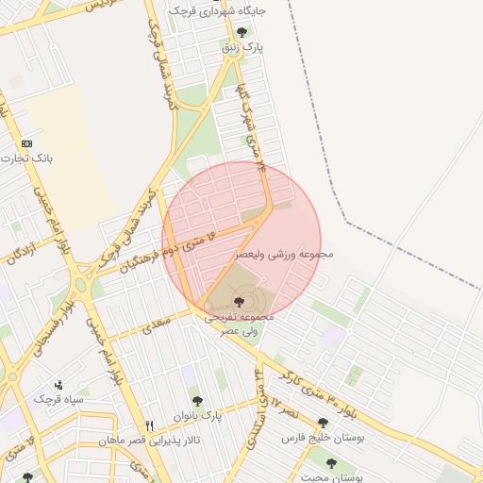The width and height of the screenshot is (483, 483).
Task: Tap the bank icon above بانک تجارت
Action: (x=26, y=143)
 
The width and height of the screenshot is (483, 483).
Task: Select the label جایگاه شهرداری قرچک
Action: (x=218, y=11)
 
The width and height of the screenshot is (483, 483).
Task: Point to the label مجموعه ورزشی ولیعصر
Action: (x=280, y=255)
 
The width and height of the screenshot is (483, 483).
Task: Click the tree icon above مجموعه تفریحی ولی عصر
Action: (x=237, y=302)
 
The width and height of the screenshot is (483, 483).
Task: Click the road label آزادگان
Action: (x=25, y=247)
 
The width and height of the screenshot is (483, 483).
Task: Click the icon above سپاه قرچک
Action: (x=58, y=385)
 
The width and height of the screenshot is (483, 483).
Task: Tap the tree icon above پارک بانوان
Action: (x=197, y=401)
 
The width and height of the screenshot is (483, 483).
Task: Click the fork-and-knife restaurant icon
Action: (x=149, y=425)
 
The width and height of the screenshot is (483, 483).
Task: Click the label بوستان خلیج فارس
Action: (x=320, y=440)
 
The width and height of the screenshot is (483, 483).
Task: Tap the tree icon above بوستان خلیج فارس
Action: (x=323, y=424)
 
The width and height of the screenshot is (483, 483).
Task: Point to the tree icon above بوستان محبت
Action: (x=331, y=462)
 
